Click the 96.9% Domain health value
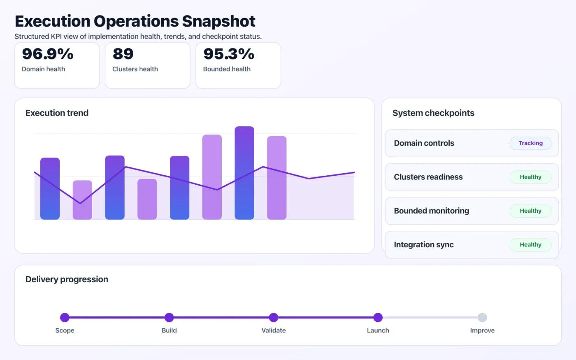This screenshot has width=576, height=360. click(47, 54)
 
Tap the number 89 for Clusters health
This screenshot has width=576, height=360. click(123, 54)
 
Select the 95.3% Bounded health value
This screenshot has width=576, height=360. click(229, 54)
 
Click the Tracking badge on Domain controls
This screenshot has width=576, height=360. click(530, 143)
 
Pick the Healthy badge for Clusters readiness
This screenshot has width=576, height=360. click(530, 177)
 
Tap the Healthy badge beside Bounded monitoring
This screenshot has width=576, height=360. click(530, 211)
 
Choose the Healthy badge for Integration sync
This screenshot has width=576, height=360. click(530, 244)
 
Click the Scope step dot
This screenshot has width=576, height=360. click(65, 317)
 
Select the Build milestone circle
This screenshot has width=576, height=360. click(169, 317)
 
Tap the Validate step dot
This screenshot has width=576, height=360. click(274, 317)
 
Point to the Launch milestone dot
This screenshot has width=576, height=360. click(378, 317)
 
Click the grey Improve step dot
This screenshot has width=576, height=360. click(482, 317)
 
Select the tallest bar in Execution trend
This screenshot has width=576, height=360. click(244, 173)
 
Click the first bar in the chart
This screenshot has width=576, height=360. click(50, 188)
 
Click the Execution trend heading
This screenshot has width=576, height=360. click(57, 113)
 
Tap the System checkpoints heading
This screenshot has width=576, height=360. click(433, 113)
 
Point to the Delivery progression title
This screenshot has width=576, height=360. click(67, 279)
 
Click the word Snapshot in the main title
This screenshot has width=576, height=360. click(218, 21)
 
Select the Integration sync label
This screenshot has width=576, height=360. click(424, 245)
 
